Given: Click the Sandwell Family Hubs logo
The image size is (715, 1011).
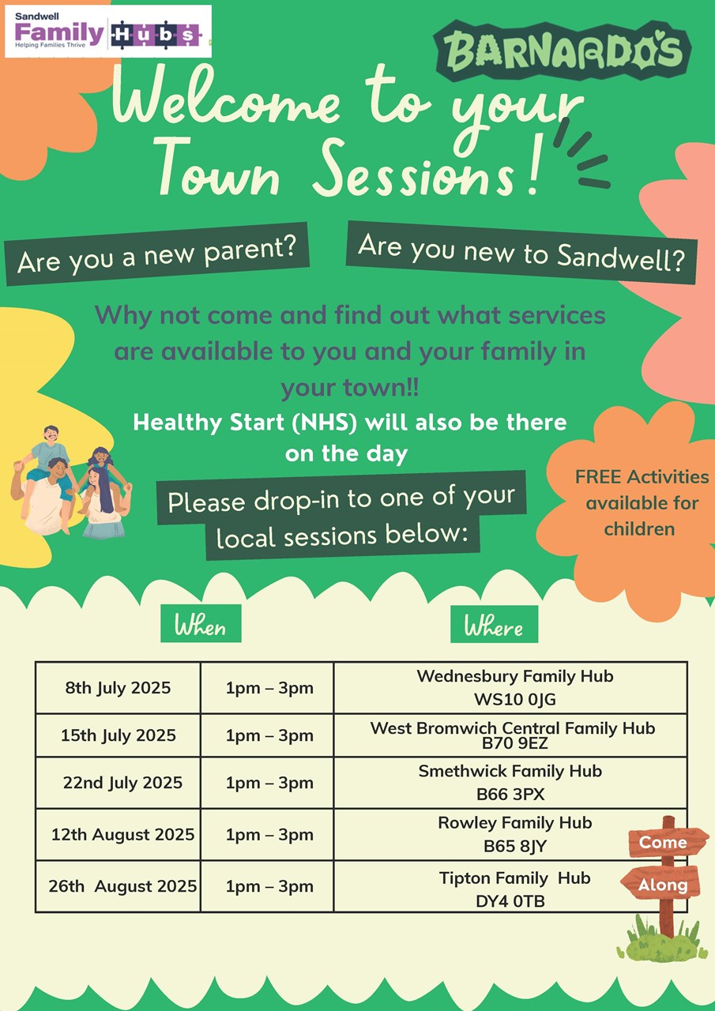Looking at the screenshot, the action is [108, 31].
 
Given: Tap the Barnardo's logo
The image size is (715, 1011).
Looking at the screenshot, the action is [563, 51].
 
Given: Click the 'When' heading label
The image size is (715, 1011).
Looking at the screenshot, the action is [201, 623].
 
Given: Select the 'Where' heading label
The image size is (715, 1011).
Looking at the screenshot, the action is [495, 624].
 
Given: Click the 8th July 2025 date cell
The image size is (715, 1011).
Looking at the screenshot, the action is [119, 687].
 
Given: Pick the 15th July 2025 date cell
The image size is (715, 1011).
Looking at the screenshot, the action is [119, 735].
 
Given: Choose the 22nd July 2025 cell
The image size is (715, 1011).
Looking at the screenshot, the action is [119, 783].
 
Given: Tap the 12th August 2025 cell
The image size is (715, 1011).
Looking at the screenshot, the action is [119, 835].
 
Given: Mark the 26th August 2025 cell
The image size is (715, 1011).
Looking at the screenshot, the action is [119, 886].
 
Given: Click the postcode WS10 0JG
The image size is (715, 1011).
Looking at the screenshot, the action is [514, 700].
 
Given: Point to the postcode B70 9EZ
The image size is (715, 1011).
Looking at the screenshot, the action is [514, 743].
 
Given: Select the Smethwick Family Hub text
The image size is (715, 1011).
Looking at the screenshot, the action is [510, 771].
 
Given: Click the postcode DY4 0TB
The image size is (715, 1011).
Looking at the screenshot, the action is [510, 901].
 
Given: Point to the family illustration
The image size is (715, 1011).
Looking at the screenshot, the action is [72, 482].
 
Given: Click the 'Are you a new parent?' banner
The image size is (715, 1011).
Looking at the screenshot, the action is [156, 254].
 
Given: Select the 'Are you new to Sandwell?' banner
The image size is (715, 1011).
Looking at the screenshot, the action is [521, 253].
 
